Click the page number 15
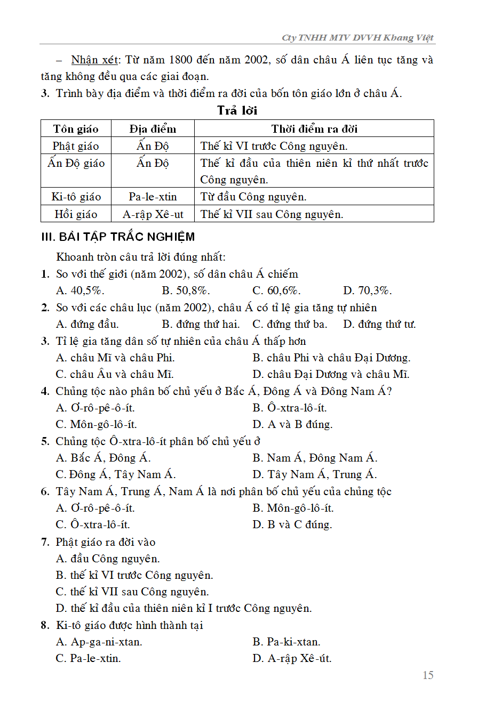click(428, 675)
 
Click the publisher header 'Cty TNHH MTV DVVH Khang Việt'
click(357, 37)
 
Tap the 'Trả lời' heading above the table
click(237, 111)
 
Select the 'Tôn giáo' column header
click(76, 129)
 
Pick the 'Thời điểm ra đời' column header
click(314, 129)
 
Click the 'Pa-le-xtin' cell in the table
click(153, 197)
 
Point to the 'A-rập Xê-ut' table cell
click(153, 214)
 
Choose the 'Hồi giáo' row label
click(76, 214)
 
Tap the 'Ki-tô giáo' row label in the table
click(76, 197)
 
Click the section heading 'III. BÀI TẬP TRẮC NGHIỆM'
click(118, 237)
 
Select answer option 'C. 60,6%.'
click(276, 290)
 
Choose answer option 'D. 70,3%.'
click(368, 290)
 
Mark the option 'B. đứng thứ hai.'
click(201, 324)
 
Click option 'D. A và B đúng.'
click(292, 424)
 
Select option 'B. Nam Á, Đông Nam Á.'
click(315, 458)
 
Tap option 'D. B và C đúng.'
click(292, 524)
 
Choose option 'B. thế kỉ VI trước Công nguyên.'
click(134, 575)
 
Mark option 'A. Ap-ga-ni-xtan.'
click(99, 642)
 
